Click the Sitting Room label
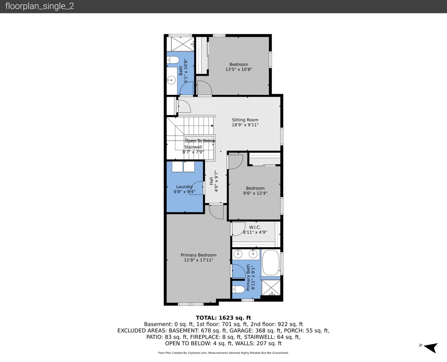coord(245,120)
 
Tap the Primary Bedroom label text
coord(199,255)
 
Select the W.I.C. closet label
coord(255,227)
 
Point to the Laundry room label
coord(184,187)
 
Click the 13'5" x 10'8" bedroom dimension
coord(239,69)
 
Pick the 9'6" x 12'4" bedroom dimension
coord(255,193)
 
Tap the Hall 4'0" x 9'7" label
coord(214,181)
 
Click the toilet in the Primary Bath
coord(239,289)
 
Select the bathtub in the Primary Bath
coord(271,263)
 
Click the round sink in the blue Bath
coord(171,80)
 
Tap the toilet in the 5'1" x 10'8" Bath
coord(173,60)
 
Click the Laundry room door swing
coord(197,188)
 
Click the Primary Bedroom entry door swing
coord(216,212)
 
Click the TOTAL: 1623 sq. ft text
coord(223,318)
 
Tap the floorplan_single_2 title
coord(40,6)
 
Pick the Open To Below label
coord(200,140)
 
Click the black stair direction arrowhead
coord(212,126)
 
